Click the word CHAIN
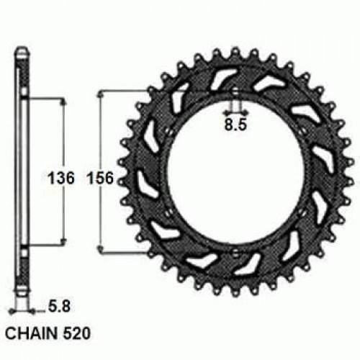click(31, 336)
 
